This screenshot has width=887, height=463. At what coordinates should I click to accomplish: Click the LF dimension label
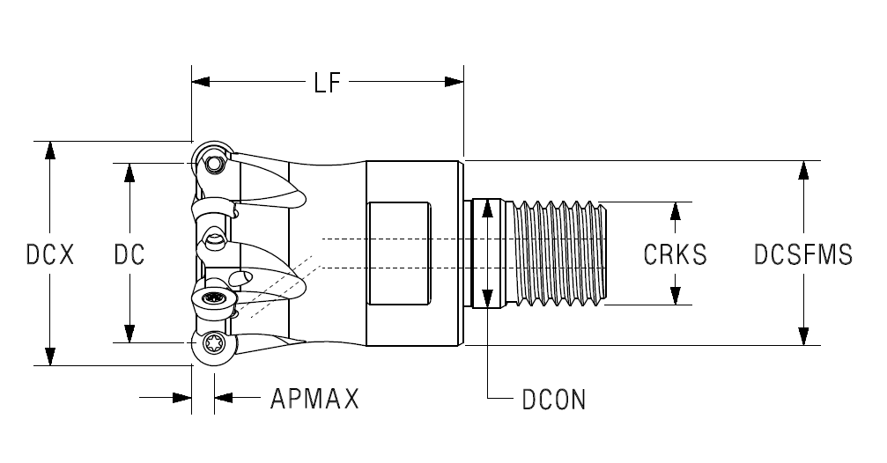point(328,83)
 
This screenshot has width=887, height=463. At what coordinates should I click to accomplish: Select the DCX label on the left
point(50,254)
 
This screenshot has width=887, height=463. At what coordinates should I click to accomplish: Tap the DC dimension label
point(129,254)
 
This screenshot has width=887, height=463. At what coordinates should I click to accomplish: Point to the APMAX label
point(314,399)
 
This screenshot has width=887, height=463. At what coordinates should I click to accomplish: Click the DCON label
point(554,400)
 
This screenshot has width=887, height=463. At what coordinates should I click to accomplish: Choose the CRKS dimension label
point(676,254)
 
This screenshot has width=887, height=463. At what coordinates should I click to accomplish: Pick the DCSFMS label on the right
point(803,254)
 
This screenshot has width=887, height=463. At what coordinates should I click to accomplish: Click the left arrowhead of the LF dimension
point(201,82)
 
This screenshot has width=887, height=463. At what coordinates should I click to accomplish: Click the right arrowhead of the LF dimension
point(455,82)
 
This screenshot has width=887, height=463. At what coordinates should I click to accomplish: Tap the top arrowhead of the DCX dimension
point(50,151)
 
